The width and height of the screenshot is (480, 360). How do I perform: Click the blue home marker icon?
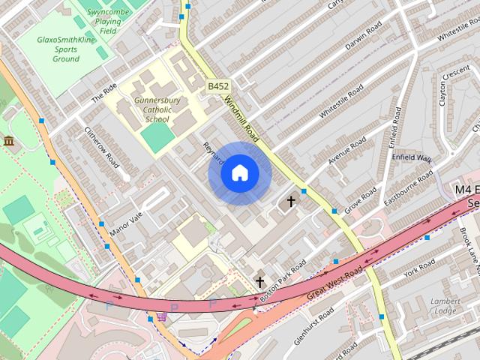coord(240,173)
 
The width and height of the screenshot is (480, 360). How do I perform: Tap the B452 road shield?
coord(218,86)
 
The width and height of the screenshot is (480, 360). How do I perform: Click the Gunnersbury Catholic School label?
coord(157,109)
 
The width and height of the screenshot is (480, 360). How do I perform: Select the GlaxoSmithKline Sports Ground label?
coord(66,49)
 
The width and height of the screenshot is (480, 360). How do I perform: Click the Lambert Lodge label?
coord(444,306)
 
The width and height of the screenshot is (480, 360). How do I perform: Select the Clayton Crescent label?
coord(453,87)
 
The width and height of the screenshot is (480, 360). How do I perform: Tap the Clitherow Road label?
coord(102,145)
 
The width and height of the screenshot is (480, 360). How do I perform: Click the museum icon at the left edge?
coord(9,141)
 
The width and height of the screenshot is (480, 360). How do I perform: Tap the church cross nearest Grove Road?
coord(291,202)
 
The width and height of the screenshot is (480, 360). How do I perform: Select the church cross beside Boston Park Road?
coord(260,282)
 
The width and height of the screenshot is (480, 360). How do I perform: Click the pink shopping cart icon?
coord(161,316)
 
